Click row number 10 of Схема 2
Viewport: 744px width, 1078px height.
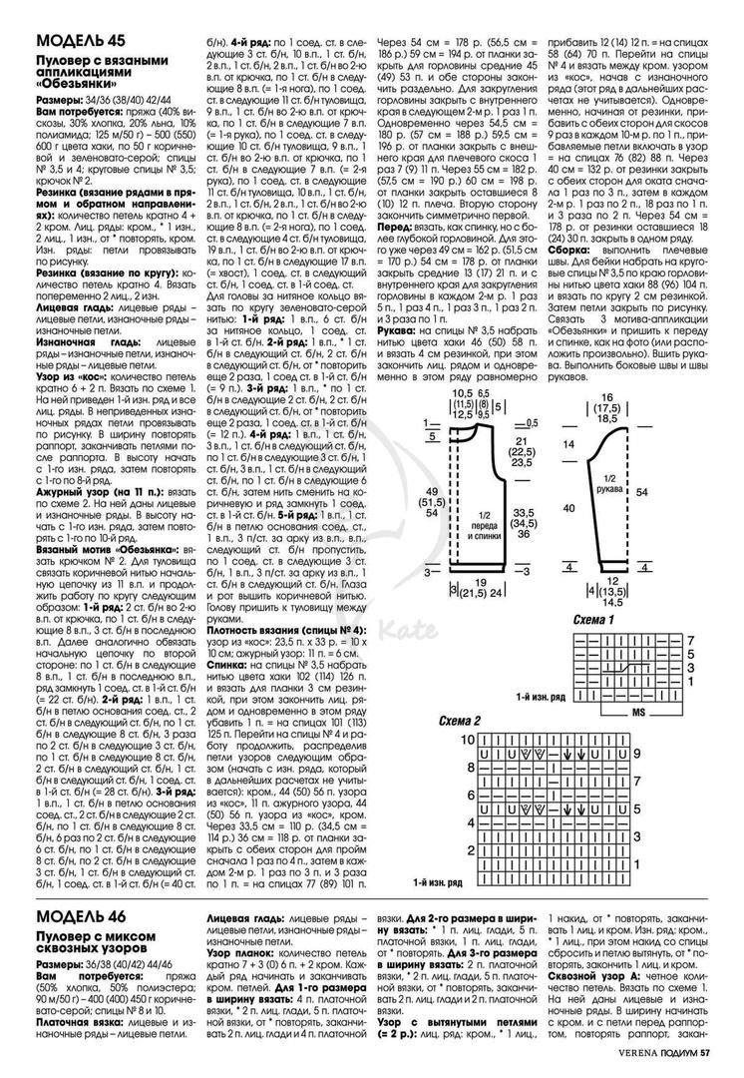[466, 739]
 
